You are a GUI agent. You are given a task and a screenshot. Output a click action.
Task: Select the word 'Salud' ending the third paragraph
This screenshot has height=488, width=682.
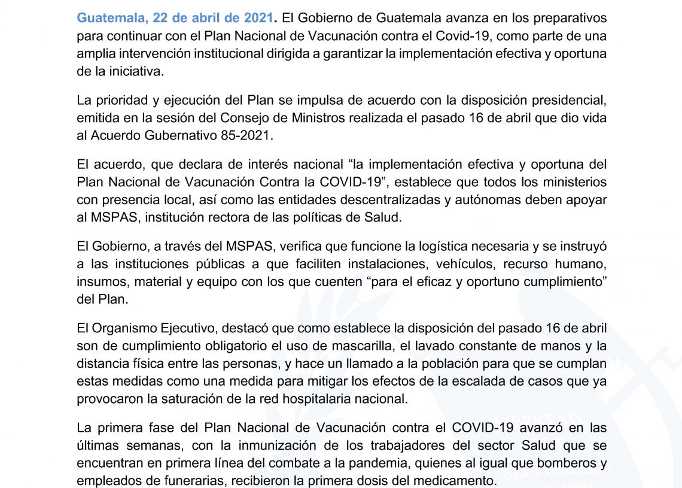click(382, 217)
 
